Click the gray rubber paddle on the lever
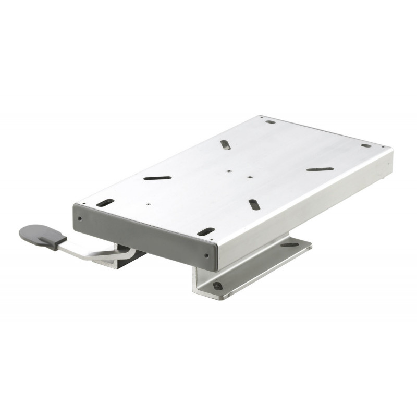38,234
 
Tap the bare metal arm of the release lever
94,252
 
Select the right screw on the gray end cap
208,255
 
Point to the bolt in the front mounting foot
217,286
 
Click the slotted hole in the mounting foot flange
290,244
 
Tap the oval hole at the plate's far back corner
270,122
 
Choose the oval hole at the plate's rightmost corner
366,145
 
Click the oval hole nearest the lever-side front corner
105,202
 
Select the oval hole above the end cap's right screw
206,231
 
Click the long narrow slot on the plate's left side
157,178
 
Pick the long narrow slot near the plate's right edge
320,169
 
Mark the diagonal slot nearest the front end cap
254,204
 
